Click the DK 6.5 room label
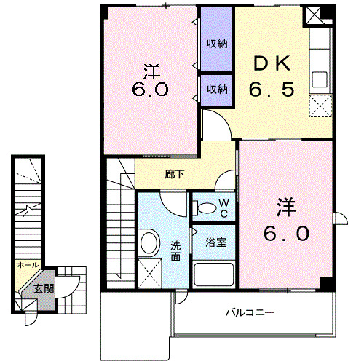coord(272,77)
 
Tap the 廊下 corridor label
coord(174,175)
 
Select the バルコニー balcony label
coord(249,313)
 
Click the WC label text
coord(224,207)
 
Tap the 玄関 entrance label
coord(43,288)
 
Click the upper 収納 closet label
coord(216,43)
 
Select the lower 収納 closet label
coord(216,90)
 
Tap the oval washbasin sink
coord(150,243)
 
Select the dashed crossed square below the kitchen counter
coord(320,106)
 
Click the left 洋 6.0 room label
coord(151,81)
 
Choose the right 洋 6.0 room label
coord(285,220)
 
